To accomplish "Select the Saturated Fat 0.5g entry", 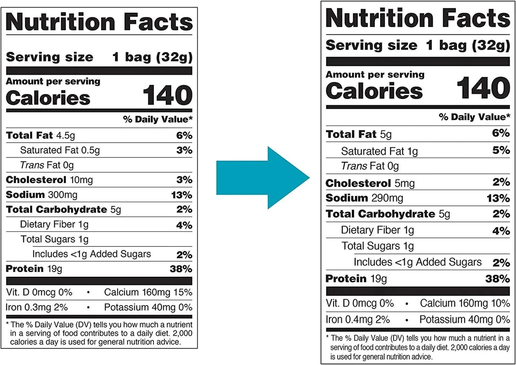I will [x=60, y=150].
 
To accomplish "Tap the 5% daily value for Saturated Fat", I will [x=501, y=150].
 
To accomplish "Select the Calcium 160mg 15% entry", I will [x=148, y=292].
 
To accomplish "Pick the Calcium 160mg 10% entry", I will [x=465, y=303].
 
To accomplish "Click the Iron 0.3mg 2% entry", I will [x=37, y=307].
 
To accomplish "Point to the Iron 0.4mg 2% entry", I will [x=358, y=319].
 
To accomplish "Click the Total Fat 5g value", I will [x=386, y=135].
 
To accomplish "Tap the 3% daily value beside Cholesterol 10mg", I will [x=184, y=180].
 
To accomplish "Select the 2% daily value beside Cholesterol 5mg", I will [x=501, y=182].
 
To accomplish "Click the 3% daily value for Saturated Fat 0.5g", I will [x=184, y=150].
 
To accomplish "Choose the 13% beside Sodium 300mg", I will [x=182, y=195].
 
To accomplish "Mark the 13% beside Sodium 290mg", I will [x=499, y=199].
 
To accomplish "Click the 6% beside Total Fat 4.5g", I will [x=184, y=136].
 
